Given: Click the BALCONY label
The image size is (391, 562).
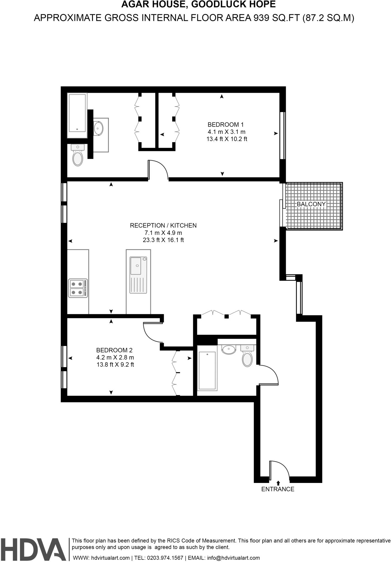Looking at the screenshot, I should (311, 204).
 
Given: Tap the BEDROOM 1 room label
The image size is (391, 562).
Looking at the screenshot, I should (226, 124).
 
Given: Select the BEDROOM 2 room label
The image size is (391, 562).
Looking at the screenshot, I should (114, 350).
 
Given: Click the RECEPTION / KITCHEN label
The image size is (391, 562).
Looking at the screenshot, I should (163, 225).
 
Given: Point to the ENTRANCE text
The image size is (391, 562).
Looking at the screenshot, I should (278, 489).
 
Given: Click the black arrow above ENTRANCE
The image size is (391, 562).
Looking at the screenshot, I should (278, 483).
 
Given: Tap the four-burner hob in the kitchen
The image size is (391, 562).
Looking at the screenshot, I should (78, 288).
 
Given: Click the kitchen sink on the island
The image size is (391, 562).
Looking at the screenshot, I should (136, 265).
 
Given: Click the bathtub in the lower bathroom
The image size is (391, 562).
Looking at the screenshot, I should (207, 371).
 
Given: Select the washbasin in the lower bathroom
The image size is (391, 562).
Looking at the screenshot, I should (229, 349).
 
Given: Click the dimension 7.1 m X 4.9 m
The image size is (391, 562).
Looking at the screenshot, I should (163, 233).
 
